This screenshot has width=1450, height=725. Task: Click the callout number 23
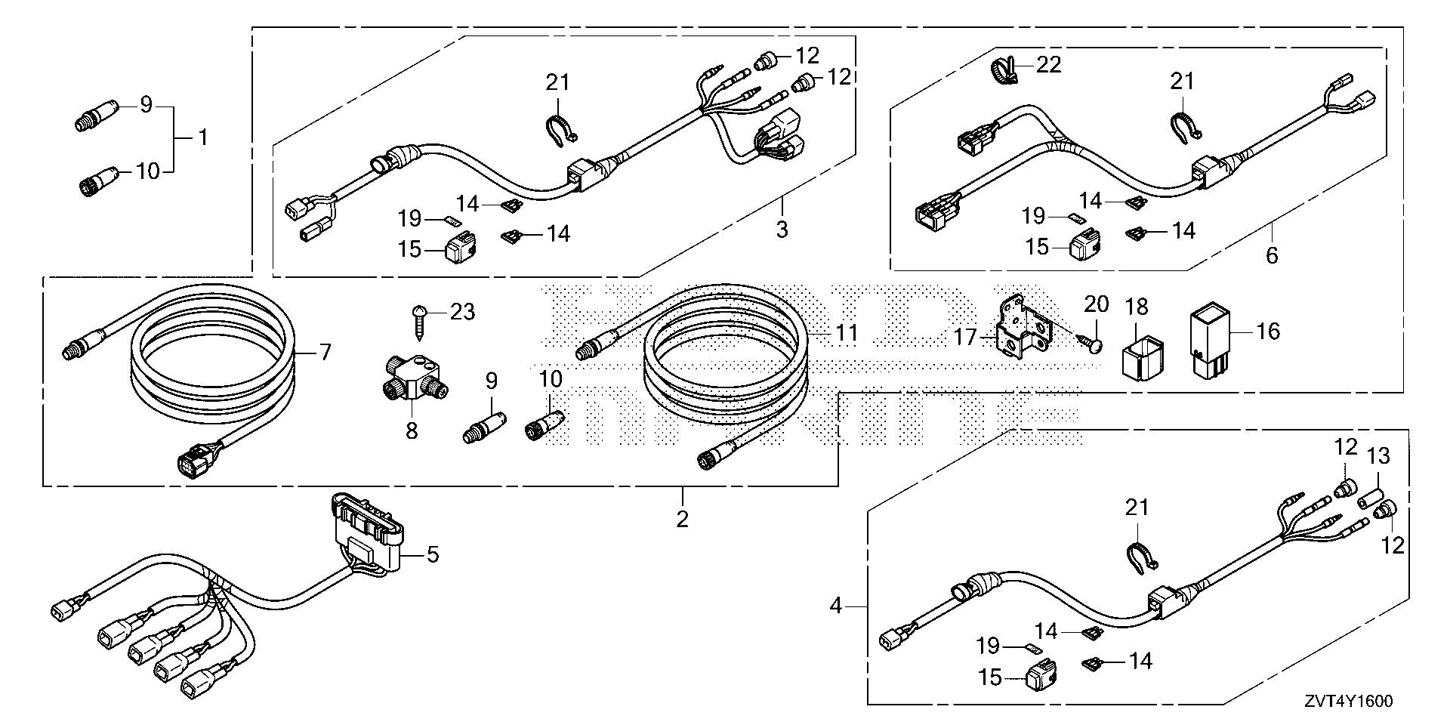[x=462, y=311]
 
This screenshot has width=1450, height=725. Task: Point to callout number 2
[x=683, y=519]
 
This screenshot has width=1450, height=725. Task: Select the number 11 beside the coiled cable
[x=847, y=332]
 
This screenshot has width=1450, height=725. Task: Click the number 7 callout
[x=325, y=351]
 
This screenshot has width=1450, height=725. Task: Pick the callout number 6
[x=1272, y=255]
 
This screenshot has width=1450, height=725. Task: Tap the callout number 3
[x=782, y=228]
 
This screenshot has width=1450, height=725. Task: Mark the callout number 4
[x=835, y=605]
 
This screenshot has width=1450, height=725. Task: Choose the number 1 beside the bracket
[x=202, y=137]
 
